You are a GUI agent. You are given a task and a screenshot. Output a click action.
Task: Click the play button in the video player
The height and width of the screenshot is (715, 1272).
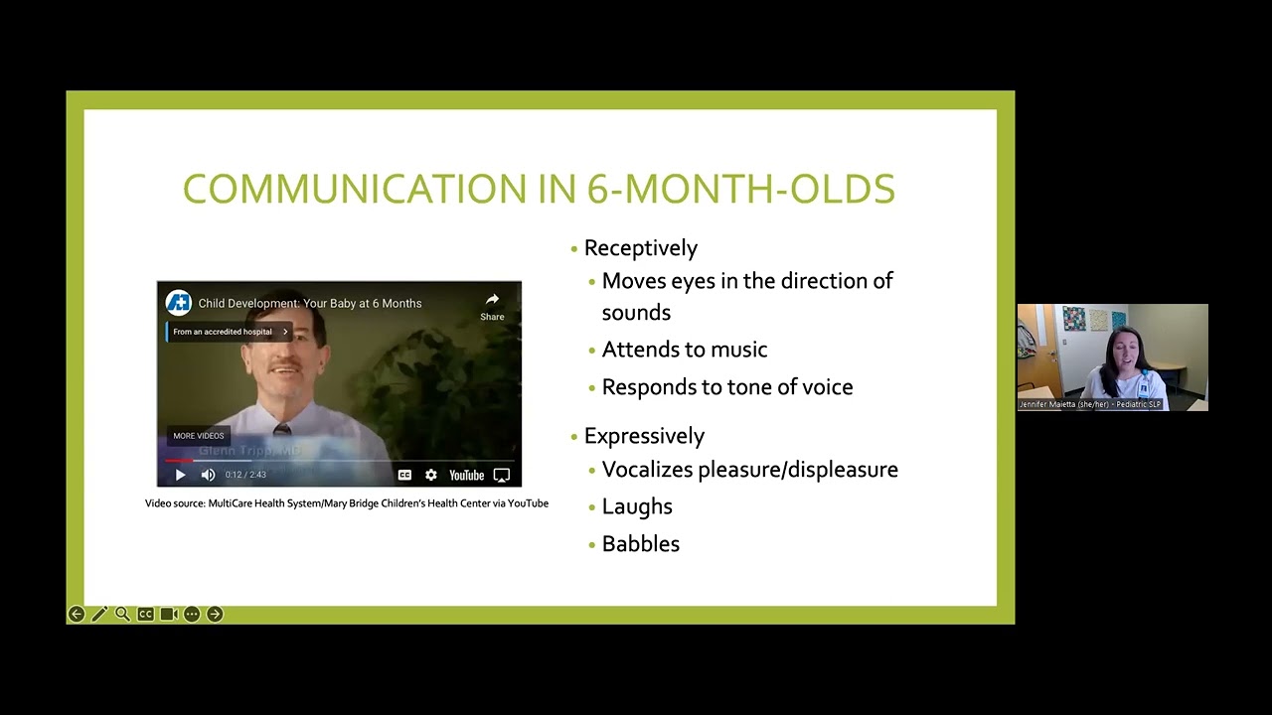point(180,476)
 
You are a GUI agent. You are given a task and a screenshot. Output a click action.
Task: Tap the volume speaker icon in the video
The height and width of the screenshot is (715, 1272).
point(208,476)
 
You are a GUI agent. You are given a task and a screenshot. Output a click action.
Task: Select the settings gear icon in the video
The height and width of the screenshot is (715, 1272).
point(430,476)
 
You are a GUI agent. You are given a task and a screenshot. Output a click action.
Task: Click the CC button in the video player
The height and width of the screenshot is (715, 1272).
point(404,476)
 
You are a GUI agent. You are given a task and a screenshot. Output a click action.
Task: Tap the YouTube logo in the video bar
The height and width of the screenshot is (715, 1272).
point(466,476)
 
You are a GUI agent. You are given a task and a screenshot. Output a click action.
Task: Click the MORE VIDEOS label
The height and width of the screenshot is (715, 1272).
point(199,436)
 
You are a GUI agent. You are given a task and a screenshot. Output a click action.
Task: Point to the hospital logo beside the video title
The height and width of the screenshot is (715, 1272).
point(179,303)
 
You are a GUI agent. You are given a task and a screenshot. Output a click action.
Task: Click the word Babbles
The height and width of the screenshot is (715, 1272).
point(641,544)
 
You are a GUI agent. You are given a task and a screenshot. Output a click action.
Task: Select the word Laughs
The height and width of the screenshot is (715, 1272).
point(637,506)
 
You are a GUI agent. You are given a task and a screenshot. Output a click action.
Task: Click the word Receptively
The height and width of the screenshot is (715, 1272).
point(641,248)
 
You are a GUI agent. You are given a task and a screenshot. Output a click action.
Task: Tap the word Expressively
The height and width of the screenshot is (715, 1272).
point(644,436)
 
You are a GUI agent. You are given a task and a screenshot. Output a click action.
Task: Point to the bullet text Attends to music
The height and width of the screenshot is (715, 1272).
point(685,350)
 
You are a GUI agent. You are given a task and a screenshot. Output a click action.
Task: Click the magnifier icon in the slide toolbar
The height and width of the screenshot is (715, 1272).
point(122,615)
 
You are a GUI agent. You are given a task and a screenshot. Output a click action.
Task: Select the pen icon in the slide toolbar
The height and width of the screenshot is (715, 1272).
point(99,615)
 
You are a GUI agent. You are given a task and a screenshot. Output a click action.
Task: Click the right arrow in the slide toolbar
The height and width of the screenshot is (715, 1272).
point(215,615)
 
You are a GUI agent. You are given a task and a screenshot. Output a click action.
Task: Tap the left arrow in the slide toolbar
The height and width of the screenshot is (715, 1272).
point(77,615)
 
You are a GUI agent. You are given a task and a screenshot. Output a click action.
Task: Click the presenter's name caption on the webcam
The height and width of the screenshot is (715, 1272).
point(1090,405)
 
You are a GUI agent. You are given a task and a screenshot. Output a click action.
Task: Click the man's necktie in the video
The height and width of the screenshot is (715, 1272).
point(283,429)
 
